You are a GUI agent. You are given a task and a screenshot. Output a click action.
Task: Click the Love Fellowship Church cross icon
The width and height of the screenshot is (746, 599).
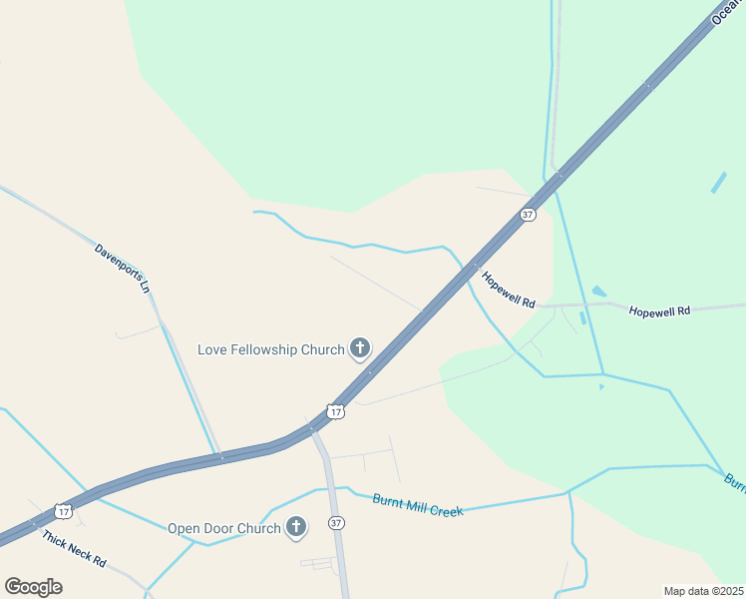pyautogui.click(x=360, y=348)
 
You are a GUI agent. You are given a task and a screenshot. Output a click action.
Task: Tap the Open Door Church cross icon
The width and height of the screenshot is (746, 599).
pyautogui.click(x=295, y=527)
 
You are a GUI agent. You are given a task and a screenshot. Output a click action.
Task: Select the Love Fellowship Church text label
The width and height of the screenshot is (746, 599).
pyautogui.click(x=271, y=349)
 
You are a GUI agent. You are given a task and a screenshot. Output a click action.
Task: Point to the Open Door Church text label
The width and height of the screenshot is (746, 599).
pyautogui.click(x=223, y=529)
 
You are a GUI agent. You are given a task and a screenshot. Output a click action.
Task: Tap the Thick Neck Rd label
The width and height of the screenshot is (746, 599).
pyautogui.click(x=74, y=548)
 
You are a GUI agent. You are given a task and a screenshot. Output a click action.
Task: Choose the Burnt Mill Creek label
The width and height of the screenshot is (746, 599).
pyautogui.click(x=418, y=505)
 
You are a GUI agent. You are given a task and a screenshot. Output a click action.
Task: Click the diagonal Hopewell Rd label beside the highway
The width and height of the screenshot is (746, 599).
pyautogui.click(x=509, y=290)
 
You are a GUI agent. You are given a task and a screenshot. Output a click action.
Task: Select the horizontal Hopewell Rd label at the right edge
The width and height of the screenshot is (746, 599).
pyautogui.click(x=659, y=311)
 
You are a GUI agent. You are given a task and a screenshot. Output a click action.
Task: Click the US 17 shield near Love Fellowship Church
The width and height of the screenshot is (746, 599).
pyautogui.click(x=336, y=411)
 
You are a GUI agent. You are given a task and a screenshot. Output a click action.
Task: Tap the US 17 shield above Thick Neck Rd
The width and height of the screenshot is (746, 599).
pyautogui.click(x=64, y=511)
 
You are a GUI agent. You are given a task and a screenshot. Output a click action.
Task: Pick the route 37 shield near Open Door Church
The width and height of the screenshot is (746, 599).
pyautogui.click(x=336, y=523)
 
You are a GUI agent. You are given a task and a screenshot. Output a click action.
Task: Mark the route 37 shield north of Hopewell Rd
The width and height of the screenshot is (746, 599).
pyautogui.click(x=528, y=215)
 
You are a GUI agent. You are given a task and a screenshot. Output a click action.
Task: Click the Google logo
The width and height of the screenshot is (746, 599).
pyautogui.click(x=33, y=586)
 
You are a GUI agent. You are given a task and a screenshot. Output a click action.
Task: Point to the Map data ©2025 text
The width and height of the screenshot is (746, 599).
pyautogui.click(x=702, y=591)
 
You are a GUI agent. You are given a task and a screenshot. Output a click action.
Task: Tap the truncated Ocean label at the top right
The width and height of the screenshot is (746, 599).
pyautogui.click(x=727, y=13)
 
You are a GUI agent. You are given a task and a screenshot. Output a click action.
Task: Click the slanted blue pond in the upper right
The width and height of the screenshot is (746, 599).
pyautogui.click(x=718, y=183)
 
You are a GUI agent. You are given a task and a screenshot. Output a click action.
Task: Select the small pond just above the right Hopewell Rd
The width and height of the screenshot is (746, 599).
pyautogui.click(x=598, y=292)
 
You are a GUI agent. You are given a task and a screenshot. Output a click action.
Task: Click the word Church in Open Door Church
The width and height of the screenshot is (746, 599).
pyautogui.click(x=258, y=529)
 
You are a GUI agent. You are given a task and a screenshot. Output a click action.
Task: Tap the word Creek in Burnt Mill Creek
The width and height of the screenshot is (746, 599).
pyautogui.click(x=447, y=510)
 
